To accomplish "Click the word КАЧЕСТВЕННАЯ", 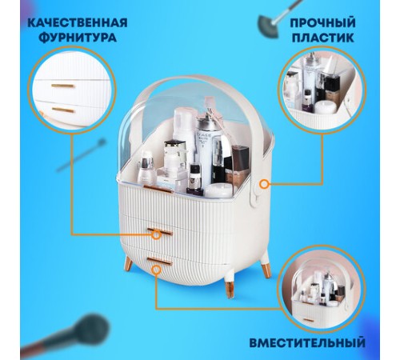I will pos(71,21).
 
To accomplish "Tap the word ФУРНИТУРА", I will pos(71,38).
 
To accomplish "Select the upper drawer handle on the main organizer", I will pos(160,233).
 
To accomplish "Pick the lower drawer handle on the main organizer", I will pos(160,261).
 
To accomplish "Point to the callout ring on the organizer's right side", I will pos(264,183).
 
